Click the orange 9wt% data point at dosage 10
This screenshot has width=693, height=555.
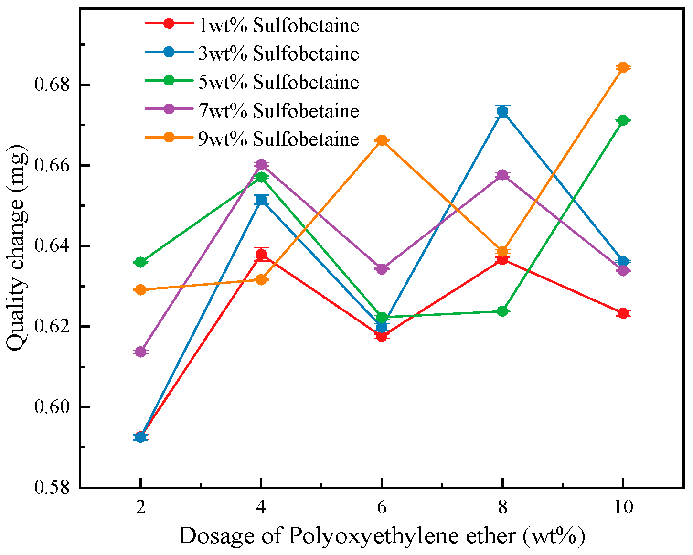[x=623, y=67]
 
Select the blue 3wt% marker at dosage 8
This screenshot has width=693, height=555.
[x=502, y=111]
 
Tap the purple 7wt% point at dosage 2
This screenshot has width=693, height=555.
[x=140, y=352]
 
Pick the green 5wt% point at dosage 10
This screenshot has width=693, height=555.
[x=623, y=120]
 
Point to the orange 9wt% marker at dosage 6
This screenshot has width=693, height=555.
[x=382, y=140]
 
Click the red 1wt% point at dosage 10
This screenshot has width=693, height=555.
[x=623, y=313]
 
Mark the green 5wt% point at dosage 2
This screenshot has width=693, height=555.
[x=140, y=262]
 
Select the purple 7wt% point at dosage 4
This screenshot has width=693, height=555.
[x=261, y=164]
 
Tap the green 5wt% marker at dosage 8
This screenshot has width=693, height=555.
[x=502, y=311]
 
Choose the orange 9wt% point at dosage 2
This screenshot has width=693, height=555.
[x=140, y=290]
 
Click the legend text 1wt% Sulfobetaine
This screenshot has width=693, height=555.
[x=278, y=25]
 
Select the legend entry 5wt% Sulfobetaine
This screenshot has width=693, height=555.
[x=278, y=82]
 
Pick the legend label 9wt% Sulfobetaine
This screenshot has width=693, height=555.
[x=278, y=139]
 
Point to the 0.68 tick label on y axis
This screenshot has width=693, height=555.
[x=53, y=85]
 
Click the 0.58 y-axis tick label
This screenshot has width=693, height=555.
[x=53, y=488]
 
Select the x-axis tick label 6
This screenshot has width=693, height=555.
[x=382, y=507]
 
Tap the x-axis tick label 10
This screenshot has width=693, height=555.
[x=623, y=507]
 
